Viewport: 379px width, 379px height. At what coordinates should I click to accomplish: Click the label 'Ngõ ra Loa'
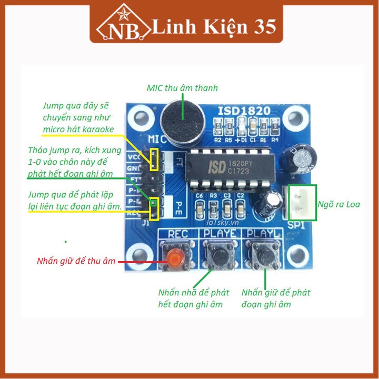[x=339, y=204]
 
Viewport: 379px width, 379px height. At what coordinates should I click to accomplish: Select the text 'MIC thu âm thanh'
[x=182, y=88]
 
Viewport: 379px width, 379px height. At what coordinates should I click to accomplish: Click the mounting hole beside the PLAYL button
[x=298, y=254]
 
